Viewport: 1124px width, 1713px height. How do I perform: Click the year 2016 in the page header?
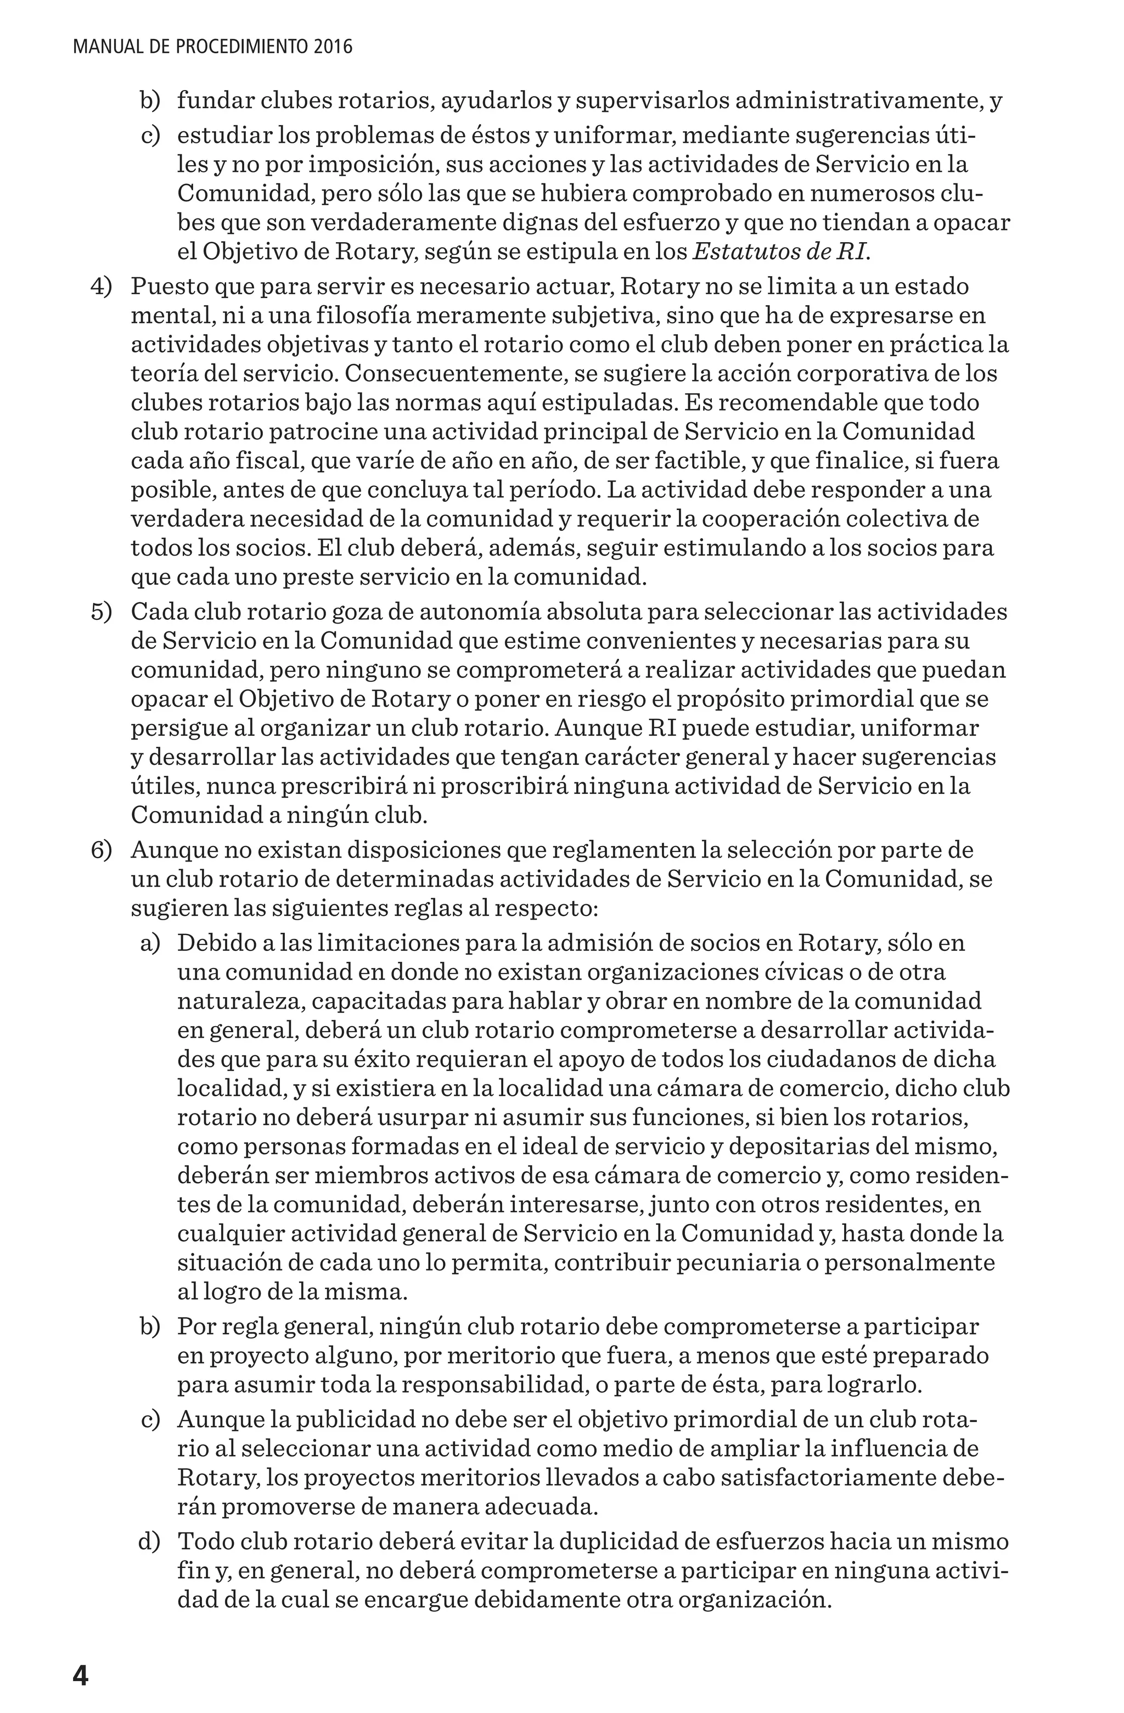333,48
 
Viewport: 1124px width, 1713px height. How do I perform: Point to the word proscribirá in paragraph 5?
502,786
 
